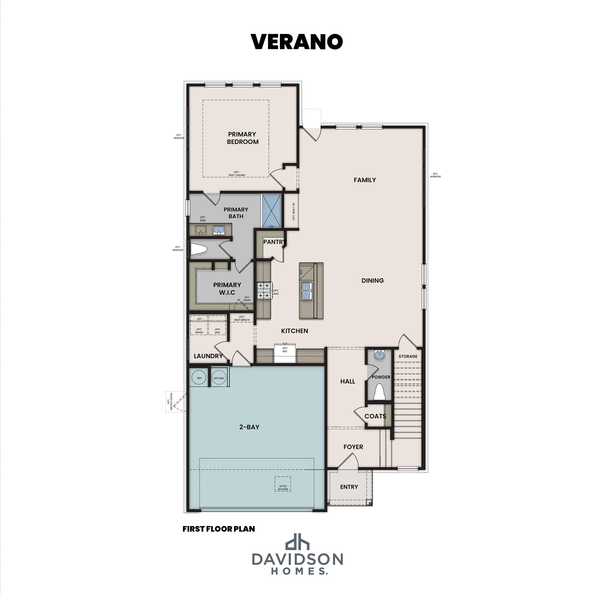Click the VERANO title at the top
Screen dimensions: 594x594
point(297,42)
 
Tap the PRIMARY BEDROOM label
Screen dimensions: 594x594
point(242,138)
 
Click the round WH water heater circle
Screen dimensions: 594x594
point(199,378)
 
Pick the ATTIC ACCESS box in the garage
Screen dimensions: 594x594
point(283,484)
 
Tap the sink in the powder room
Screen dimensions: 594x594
point(379,355)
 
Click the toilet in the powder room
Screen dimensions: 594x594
point(379,392)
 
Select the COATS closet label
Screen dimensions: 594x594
point(375,416)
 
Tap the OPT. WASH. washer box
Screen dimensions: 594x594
point(199,330)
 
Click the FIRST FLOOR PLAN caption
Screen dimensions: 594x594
point(219,529)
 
